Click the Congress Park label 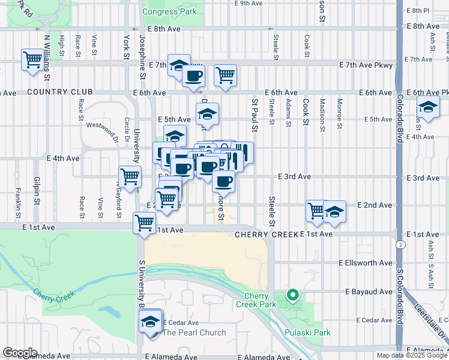[169, 11]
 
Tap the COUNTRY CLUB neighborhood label [59, 92]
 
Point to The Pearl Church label [194, 332]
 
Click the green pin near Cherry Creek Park [293, 295]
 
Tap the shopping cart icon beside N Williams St [32, 60]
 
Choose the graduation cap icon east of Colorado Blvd [429, 108]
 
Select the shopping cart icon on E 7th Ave [225, 76]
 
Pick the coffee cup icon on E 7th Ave [193, 76]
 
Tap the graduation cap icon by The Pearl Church [150, 322]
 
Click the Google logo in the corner [20, 353]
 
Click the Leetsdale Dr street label [430, 319]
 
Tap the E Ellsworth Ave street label [365, 263]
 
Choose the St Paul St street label [255, 115]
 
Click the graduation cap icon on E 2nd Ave [334, 212]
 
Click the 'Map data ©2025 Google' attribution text [412, 355]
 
